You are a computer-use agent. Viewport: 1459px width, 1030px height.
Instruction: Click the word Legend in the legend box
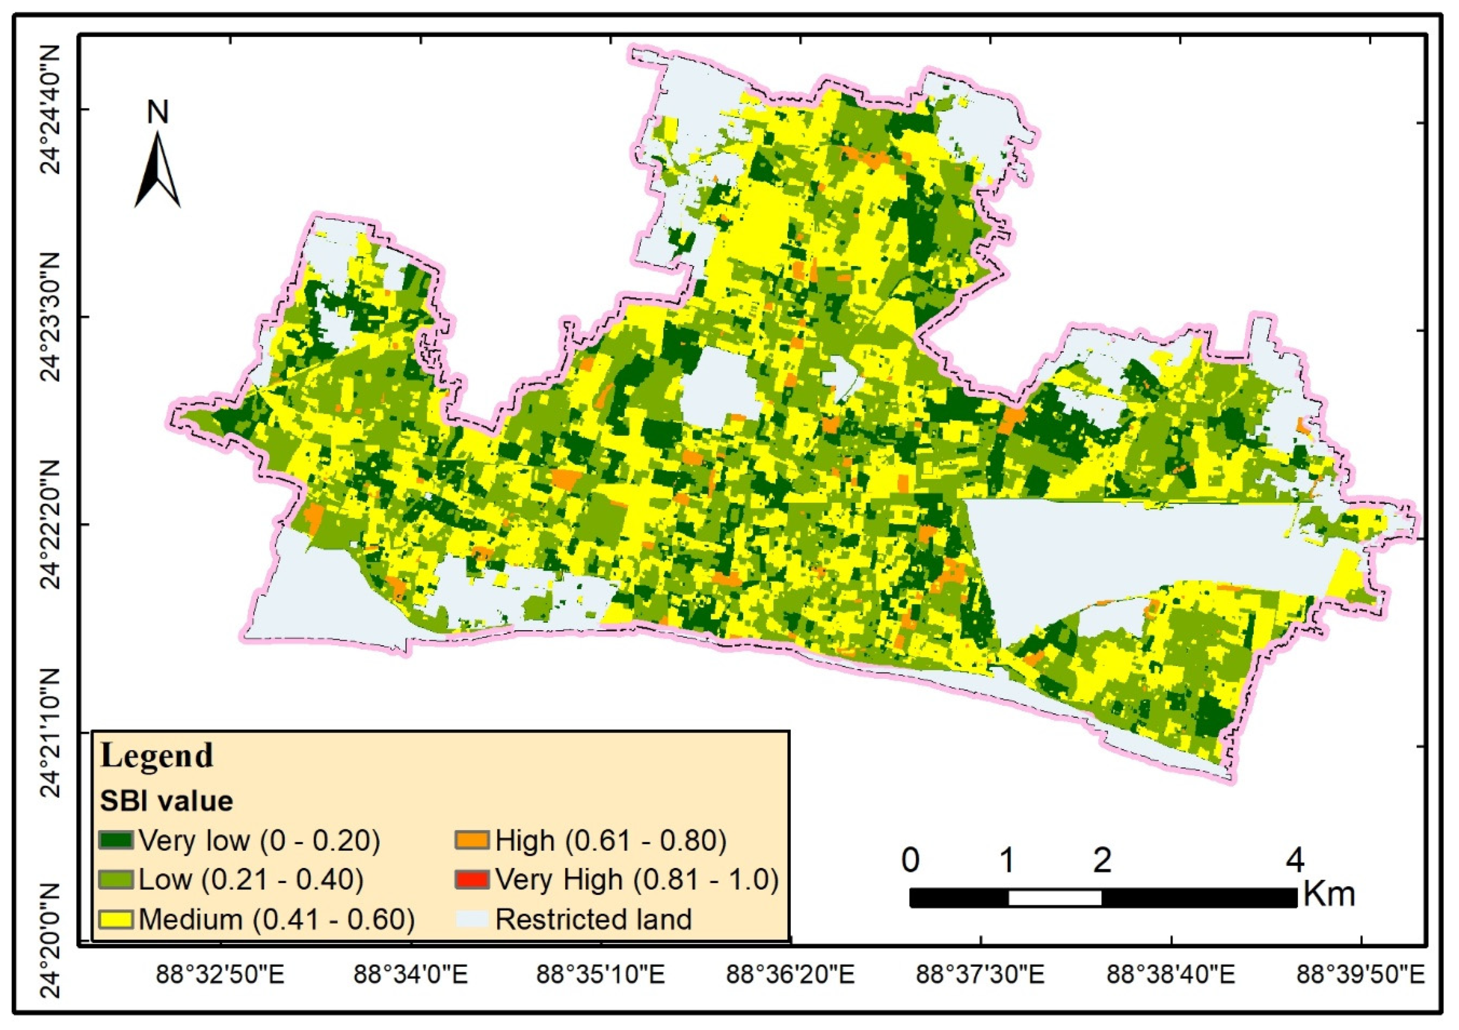tap(157, 756)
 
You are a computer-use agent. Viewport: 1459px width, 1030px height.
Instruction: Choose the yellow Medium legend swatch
tap(116, 919)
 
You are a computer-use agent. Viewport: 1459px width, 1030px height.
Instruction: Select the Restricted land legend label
tap(593, 919)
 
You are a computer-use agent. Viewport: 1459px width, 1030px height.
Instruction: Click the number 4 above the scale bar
tap(1295, 861)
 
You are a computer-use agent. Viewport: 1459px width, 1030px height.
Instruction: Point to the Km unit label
tap(1329, 894)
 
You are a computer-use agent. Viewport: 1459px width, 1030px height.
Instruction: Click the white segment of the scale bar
tap(1055, 898)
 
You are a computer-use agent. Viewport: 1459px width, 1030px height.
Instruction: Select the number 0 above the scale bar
tap(910, 861)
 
